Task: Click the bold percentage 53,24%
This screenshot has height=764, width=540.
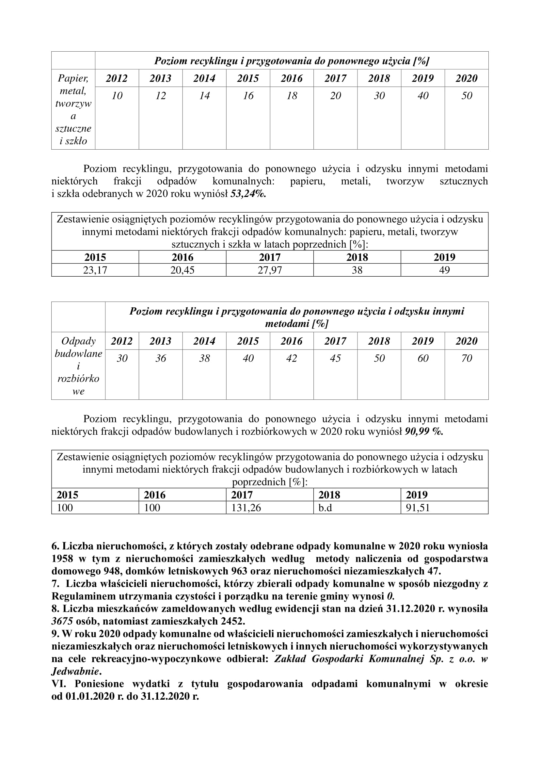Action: pyautogui.click(x=248, y=194)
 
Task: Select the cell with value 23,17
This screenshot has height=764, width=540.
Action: pyautogui.click(x=95, y=270)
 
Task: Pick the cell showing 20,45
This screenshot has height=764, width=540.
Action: pyautogui.click(x=182, y=270)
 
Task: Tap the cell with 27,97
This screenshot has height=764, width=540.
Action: pyautogui.click(x=270, y=270)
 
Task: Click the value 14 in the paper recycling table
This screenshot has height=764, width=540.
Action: pyautogui.click(x=204, y=96)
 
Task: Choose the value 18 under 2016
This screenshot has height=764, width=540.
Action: pyautogui.click(x=292, y=96)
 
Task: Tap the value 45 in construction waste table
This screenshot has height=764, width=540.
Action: pyautogui.click(x=335, y=358)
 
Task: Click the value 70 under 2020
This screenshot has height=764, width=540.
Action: pyautogui.click(x=467, y=358)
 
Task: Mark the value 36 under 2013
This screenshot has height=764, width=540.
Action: pyautogui.click(x=161, y=358)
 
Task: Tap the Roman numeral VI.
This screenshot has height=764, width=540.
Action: pyautogui.click(x=58, y=684)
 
